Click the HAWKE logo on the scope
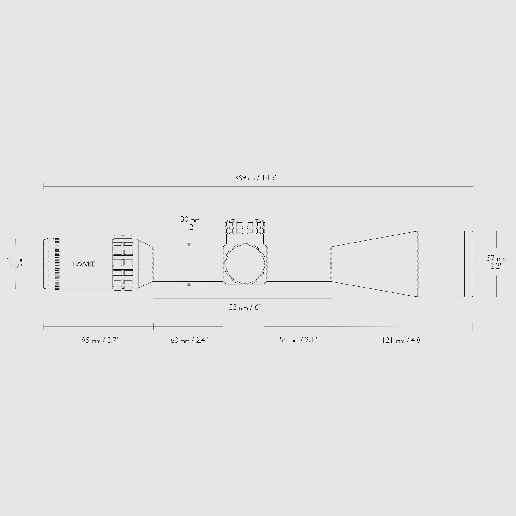click(83, 264)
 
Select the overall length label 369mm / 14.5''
click(256, 178)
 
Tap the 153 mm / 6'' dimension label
click(243, 307)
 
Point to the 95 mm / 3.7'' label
click(100, 340)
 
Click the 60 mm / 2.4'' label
click(189, 340)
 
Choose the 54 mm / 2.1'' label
click(298, 340)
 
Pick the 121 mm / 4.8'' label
click(403, 340)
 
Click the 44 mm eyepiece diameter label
click(16, 259)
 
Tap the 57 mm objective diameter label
click(496, 258)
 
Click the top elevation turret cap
click(245, 227)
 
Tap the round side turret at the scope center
click(245, 264)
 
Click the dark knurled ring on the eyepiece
click(57, 264)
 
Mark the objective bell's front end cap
click(469, 264)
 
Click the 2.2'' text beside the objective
click(497, 266)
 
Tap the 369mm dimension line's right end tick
click(473, 186)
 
